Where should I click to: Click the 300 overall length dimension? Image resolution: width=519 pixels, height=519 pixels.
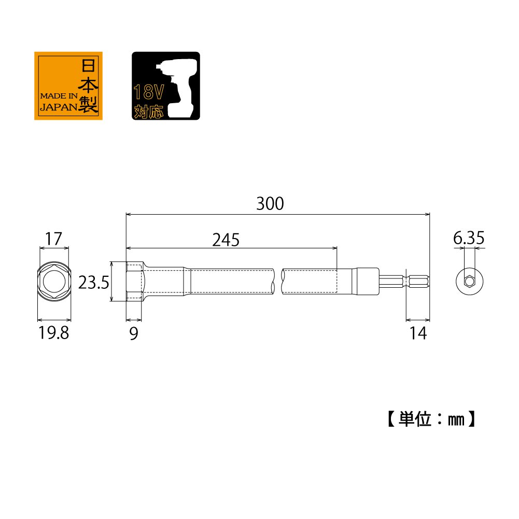point(270,204)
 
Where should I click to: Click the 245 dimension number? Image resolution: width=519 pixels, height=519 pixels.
point(226,240)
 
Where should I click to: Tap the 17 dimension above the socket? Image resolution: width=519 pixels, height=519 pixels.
point(53,239)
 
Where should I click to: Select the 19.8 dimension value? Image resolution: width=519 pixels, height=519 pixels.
point(53,333)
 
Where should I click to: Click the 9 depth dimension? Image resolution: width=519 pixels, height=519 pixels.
point(133,334)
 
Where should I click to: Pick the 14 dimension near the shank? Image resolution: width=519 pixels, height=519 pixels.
point(418,334)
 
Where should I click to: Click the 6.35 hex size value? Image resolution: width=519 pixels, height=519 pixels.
point(469,239)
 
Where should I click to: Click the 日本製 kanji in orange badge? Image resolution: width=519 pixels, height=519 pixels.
point(88,86)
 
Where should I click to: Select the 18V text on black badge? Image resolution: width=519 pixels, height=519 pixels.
point(149,93)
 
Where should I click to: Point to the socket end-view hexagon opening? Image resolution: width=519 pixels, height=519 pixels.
point(53,282)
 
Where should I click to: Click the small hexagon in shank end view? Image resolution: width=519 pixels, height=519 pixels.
point(469,282)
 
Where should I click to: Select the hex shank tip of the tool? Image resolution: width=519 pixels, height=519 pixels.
point(417,282)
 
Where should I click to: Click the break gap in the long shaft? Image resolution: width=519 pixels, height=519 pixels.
point(277,282)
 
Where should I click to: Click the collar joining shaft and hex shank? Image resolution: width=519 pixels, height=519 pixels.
point(366,282)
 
